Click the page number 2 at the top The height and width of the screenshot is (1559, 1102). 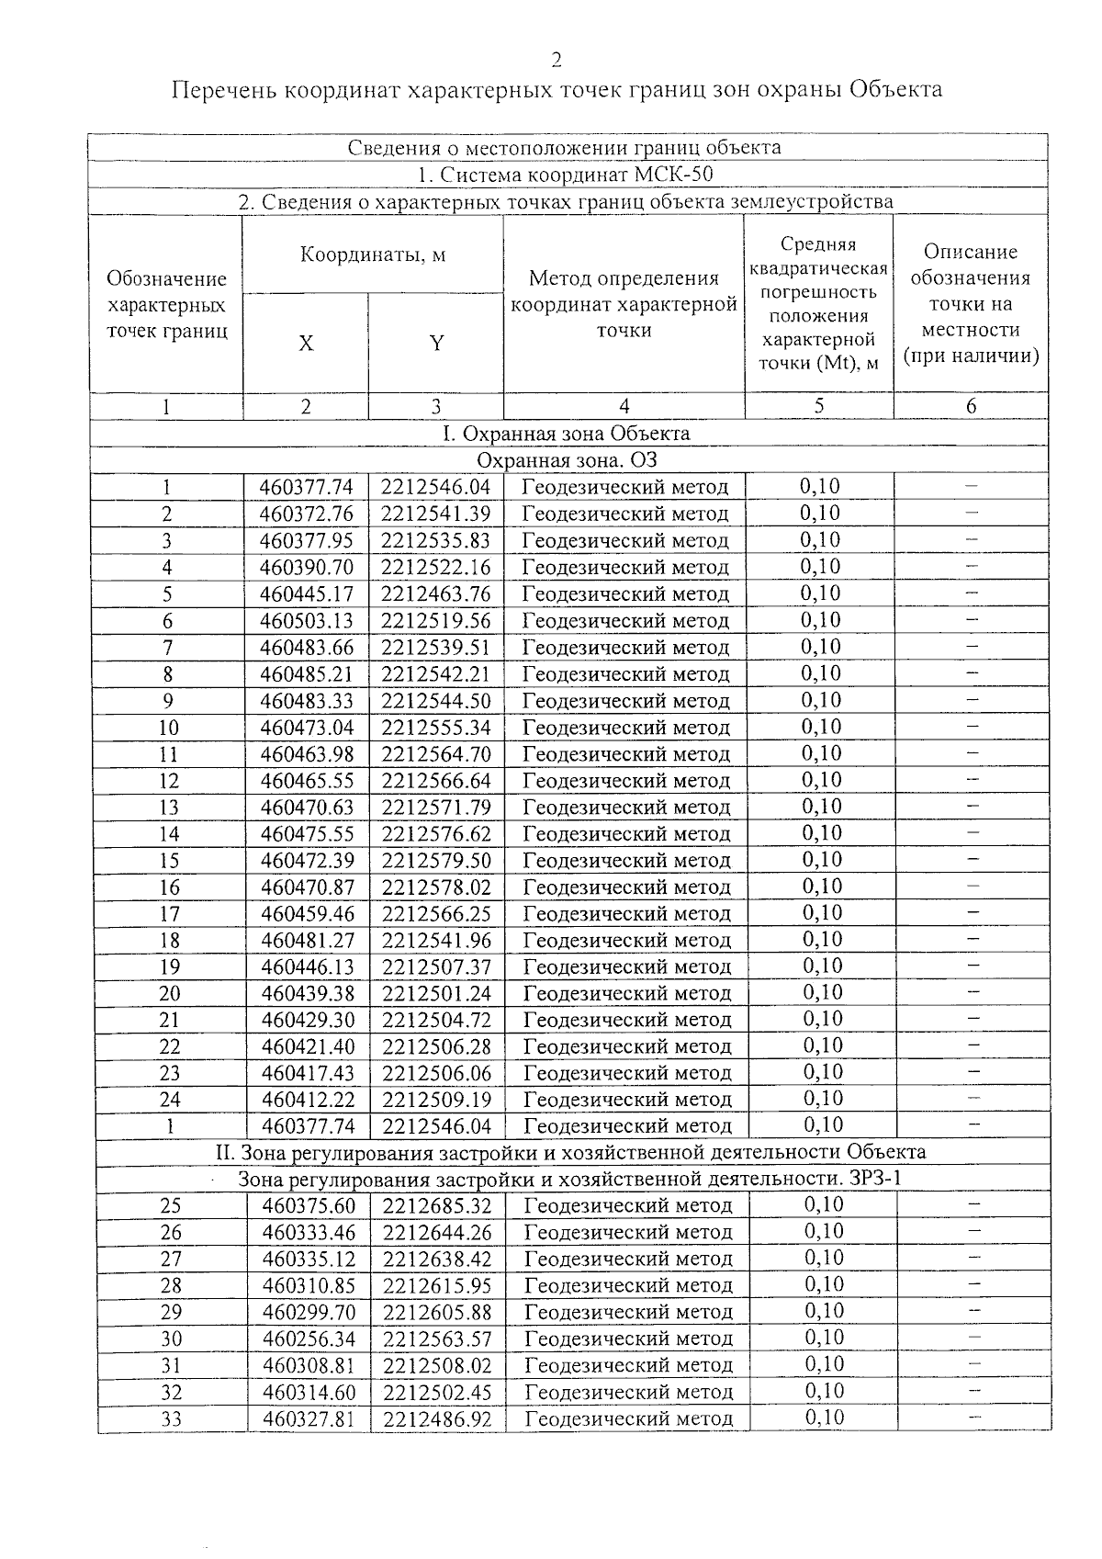[556, 61]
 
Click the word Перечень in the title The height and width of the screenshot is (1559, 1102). [224, 90]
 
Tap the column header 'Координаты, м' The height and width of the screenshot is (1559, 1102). [373, 254]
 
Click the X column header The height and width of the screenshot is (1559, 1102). [306, 344]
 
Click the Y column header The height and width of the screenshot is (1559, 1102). [437, 344]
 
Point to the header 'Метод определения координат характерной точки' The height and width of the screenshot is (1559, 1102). [624, 304]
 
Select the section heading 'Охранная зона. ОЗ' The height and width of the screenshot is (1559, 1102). [568, 459]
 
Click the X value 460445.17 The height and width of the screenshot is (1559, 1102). [307, 594]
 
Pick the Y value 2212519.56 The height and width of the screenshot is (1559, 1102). [436, 621]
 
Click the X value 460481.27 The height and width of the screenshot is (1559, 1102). [308, 941]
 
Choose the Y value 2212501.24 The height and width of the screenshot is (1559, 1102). [437, 994]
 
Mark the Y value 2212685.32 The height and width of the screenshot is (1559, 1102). [438, 1206]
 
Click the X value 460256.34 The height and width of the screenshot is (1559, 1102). [309, 1339]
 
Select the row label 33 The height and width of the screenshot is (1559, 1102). [172, 1419]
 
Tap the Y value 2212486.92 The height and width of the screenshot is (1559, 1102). [438, 1419]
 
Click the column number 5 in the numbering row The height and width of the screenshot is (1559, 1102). [819, 406]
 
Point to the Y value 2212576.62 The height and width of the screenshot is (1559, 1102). [437, 834]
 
